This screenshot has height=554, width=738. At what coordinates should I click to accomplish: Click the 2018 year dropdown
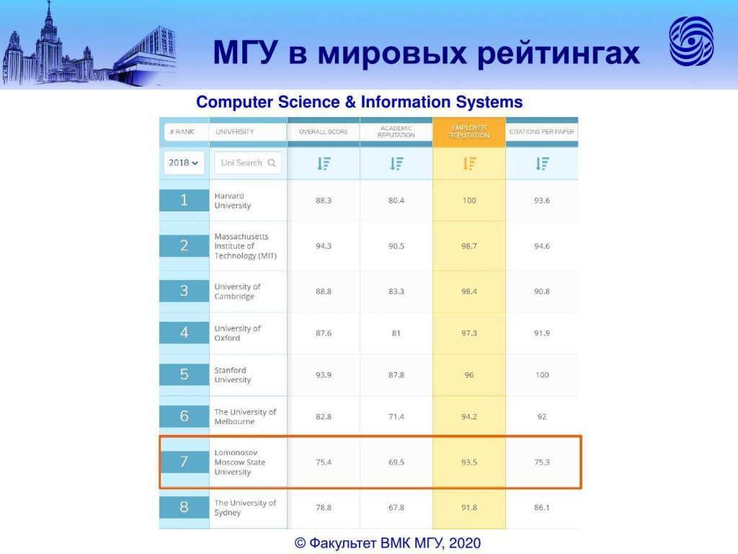184,162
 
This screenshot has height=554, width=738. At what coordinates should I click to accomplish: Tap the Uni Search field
248,162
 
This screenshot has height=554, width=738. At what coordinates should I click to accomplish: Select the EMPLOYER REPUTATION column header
468,132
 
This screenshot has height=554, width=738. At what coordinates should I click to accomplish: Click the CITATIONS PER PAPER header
542,132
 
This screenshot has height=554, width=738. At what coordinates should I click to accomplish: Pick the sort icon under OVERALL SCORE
324,164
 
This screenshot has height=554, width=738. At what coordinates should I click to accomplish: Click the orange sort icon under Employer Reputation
469,164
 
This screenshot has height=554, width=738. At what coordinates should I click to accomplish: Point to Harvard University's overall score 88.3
324,201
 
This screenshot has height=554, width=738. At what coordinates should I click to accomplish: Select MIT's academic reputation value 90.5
396,246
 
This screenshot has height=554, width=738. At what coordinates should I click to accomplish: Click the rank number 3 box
184,291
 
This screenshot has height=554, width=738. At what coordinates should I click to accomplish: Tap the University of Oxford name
237,333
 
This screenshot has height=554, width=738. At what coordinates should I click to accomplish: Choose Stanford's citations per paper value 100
542,375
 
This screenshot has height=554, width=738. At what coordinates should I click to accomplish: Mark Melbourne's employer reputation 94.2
469,416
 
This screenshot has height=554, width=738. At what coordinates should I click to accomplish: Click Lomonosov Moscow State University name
239,462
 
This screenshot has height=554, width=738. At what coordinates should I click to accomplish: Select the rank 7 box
184,461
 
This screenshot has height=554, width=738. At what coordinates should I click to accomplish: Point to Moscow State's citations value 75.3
542,462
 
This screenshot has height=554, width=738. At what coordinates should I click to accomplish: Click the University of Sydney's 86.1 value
542,507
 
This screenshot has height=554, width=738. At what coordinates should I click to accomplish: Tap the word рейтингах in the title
559,53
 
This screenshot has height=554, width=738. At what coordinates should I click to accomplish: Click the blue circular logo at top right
691,41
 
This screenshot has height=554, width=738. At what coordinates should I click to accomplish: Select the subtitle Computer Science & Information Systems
360,102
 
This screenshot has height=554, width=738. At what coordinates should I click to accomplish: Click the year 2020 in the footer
465,543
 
